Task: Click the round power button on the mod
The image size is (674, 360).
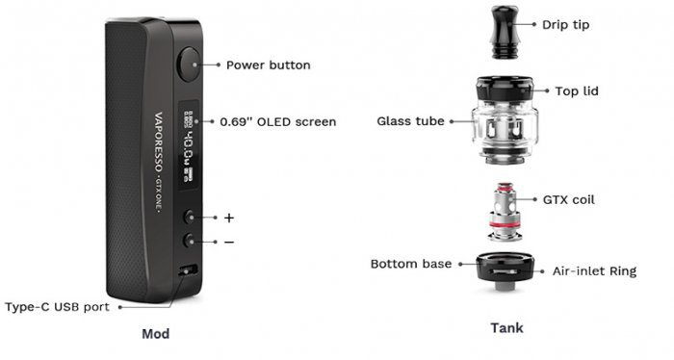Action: tap(189, 64)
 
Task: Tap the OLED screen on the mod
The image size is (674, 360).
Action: tap(189, 145)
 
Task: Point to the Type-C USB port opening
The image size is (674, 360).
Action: tap(188, 270)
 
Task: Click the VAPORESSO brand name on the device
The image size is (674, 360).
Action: tap(158, 142)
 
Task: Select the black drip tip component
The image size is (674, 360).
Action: tap(505, 32)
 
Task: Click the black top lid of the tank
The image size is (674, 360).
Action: tap(505, 90)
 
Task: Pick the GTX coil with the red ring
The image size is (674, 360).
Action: tap(505, 212)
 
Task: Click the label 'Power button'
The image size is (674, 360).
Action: tap(269, 65)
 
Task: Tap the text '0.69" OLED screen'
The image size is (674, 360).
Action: tap(277, 122)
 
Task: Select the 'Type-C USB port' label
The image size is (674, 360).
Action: tap(57, 307)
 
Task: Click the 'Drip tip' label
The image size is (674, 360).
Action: tap(565, 25)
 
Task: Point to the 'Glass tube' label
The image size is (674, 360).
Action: tap(410, 121)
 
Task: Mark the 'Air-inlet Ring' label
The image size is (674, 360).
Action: tap(594, 271)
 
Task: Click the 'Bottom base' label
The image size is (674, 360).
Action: tap(411, 264)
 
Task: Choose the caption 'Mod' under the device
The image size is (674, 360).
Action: tap(156, 334)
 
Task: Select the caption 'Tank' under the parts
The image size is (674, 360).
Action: tap(506, 328)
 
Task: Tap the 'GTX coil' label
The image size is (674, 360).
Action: tap(568, 200)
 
